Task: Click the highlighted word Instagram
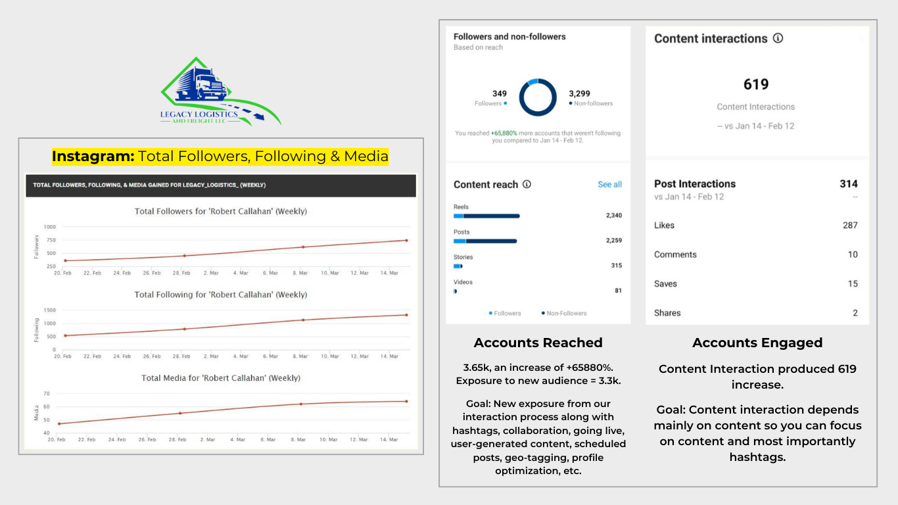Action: click(x=93, y=156)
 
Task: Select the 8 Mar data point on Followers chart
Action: click(x=302, y=247)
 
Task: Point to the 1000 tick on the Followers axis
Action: click(x=49, y=227)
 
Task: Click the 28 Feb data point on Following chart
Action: click(x=184, y=329)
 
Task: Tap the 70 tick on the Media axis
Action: click(x=46, y=393)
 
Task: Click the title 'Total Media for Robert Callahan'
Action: click(x=221, y=378)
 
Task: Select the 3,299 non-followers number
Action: click(x=579, y=93)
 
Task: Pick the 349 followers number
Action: click(x=500, y=93)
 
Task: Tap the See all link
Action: click(x=609, y=185)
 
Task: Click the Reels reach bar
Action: click(x=486, y=216)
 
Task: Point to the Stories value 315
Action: click(x=616, y=266)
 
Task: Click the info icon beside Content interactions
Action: click(x=778, y=38)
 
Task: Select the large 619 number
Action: click(x=756, y=84)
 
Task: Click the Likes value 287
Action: click(x=850, y=226)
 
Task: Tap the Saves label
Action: click(x=665, y=284)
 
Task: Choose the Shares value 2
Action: click(x=855, y=313)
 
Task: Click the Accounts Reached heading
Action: click(x=538, y=343)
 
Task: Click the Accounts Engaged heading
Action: click(x=757, y=343)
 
